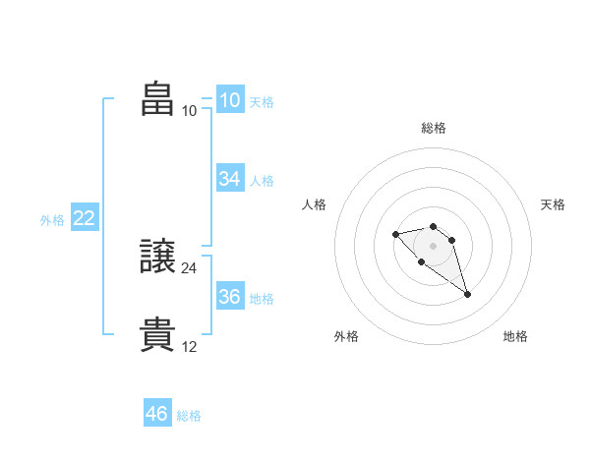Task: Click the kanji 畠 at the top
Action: (x=158, y=99)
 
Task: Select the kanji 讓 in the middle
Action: (x=158, y=258)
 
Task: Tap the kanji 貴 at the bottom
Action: (x=158, y=334)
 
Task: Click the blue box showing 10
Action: (x=229, y=100)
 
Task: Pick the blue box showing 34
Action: (x=229, y=179)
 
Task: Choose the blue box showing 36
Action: (x=229, y=297)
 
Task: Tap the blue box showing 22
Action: (x=84, y=218)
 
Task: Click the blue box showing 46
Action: (x=156, y=414)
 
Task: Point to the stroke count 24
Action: (x=190, y=267)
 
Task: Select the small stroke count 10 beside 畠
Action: (x=190, y=110)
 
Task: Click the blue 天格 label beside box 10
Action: (x=262, y=102)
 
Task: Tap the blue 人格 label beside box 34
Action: (x=262, y=181)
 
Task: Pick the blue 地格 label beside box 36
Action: (x=262, y=299)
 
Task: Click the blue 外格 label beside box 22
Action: (x=52, y=220)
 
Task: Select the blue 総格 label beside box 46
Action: (x=189, y=416)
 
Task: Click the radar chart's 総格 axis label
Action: (x=434, y=128)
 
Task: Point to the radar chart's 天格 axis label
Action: (x=553, y=204)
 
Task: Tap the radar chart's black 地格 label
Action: (x=515, y=336)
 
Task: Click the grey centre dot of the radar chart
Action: (x=434, y=245)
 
